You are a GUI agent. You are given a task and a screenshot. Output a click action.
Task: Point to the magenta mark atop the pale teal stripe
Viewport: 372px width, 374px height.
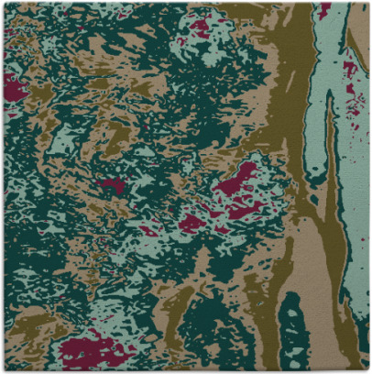324,8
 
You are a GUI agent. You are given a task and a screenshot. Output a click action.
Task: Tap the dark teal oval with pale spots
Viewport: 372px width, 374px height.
294,330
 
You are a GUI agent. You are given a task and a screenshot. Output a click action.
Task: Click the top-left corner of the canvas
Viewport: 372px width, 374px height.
3,3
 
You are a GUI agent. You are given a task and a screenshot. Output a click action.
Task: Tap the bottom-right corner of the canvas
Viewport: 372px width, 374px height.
368,370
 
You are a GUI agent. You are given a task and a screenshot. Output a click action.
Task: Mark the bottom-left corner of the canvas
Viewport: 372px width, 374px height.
3,370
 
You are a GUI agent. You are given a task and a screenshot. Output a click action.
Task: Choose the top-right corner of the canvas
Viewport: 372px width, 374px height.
368,3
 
